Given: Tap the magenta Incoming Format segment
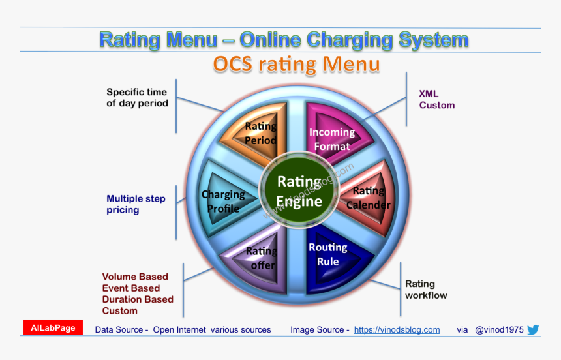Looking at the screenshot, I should (x=333, y=138).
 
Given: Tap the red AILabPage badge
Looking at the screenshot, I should (x=53, y=328).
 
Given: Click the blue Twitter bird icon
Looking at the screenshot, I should (x=533, y=329).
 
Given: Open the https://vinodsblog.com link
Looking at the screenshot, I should (x=397, y=330).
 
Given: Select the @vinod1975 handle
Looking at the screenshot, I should (x=499, y=330).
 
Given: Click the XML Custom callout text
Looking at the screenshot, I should (x=436, y=99).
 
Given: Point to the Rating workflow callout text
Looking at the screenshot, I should (x=426, y=290).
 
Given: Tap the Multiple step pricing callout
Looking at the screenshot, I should (x=136, y=204).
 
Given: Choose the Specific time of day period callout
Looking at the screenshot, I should (x=137, y=97).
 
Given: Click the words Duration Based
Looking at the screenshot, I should (x=138, y=299).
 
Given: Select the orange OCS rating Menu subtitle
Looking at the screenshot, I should (x=296, y=65).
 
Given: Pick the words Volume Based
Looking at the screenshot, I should (x=135, y=277).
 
